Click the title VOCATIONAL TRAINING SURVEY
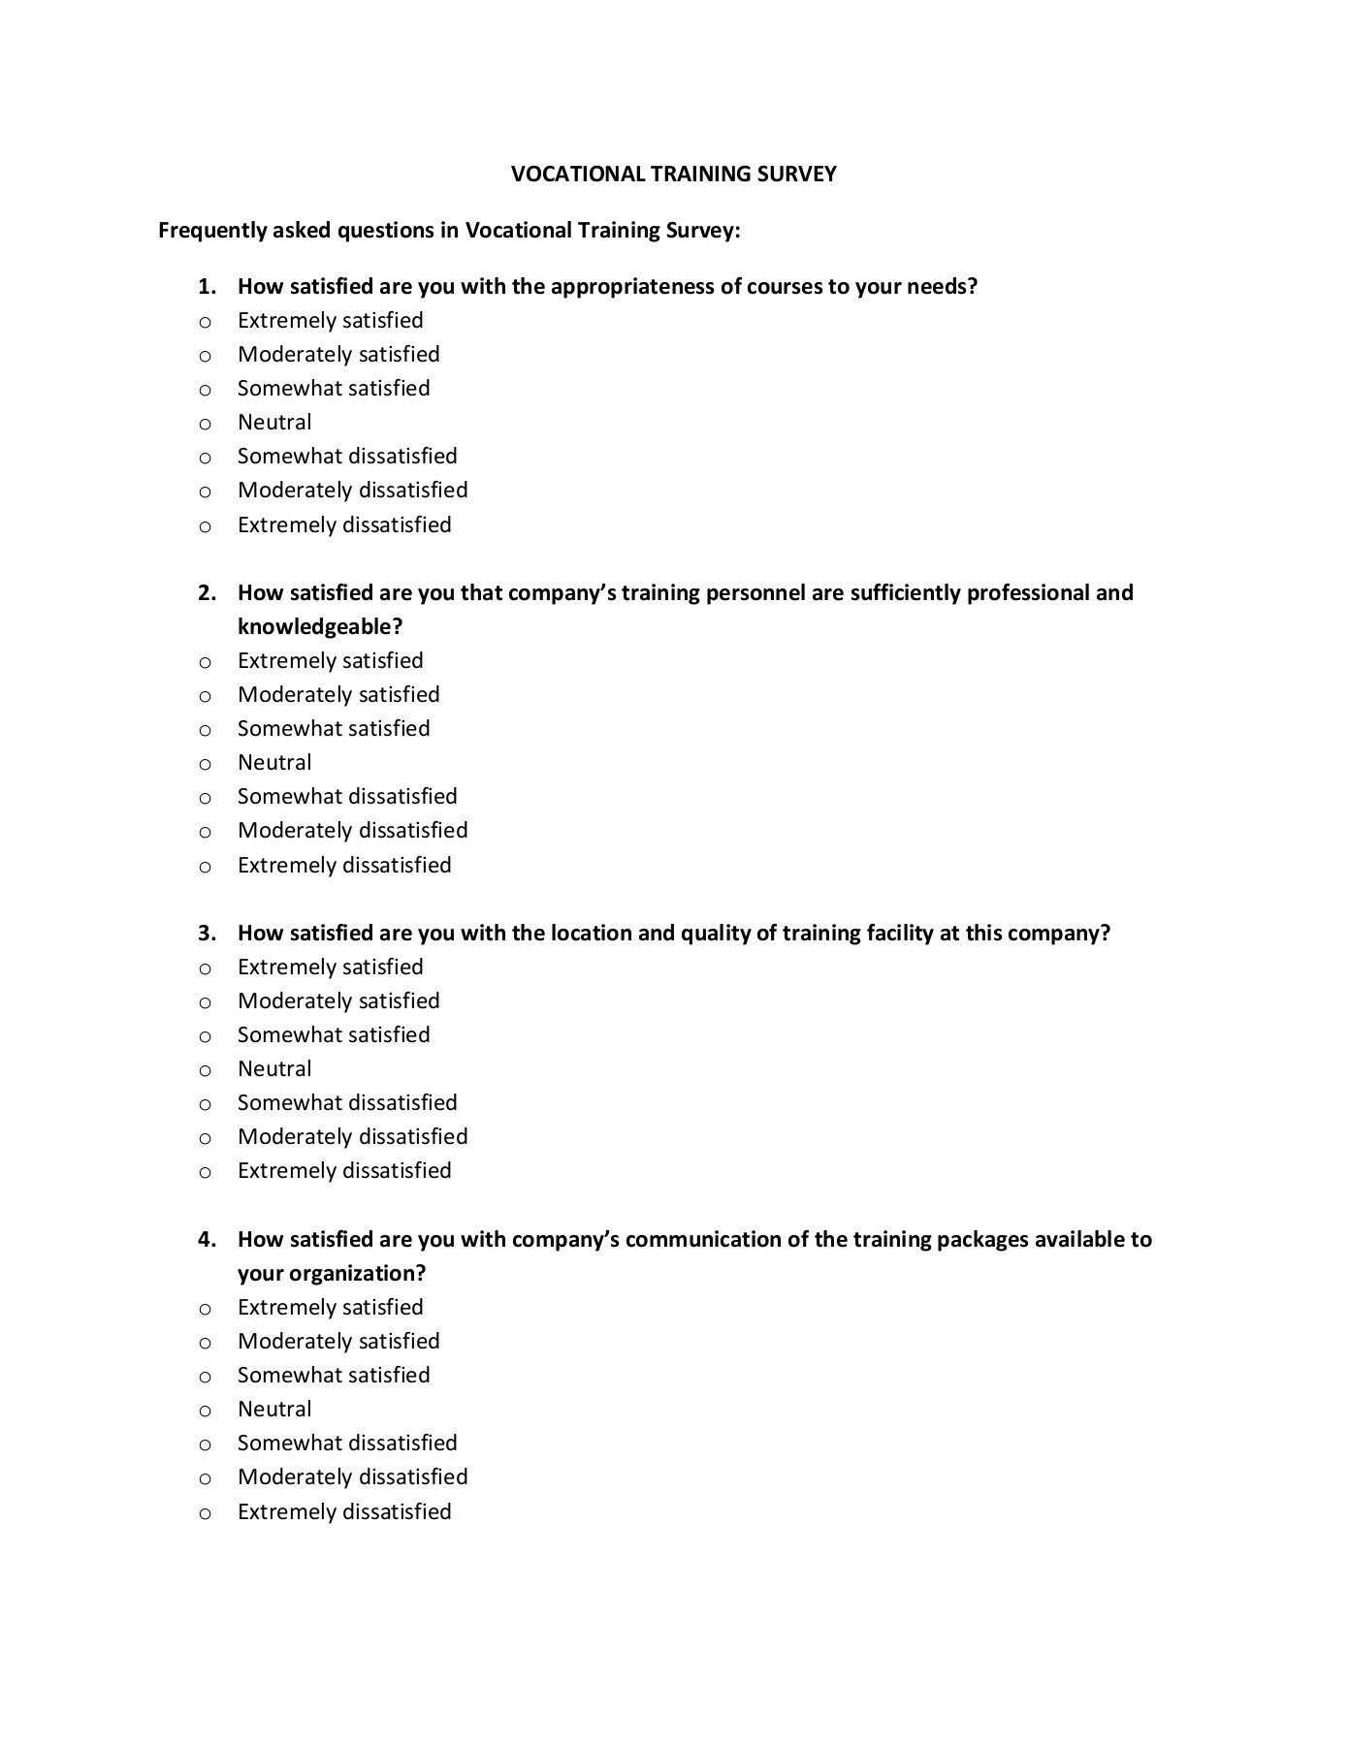673,174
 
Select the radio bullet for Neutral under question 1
205,424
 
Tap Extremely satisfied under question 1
330,321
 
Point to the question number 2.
207,593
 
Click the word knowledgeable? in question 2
319,627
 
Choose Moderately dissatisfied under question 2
352,831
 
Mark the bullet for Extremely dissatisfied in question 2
205,867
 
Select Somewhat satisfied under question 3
333,1035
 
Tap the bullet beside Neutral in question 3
205,1070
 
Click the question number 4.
207,1240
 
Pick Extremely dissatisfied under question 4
344,1512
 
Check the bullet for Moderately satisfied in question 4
205,1343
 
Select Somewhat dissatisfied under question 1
347,457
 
